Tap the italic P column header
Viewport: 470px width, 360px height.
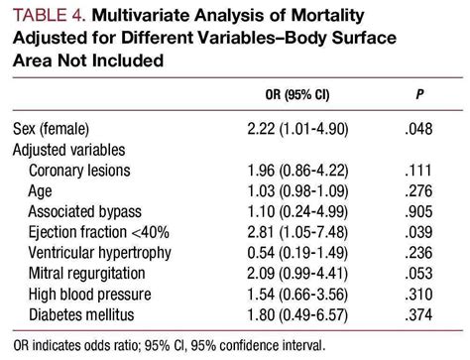(419, 97)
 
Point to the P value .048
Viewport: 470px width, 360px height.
(419, 129)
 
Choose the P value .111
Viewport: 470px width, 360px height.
(419, 171)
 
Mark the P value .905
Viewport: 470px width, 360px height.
(419, 211)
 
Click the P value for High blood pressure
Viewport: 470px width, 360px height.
(419, 295)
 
